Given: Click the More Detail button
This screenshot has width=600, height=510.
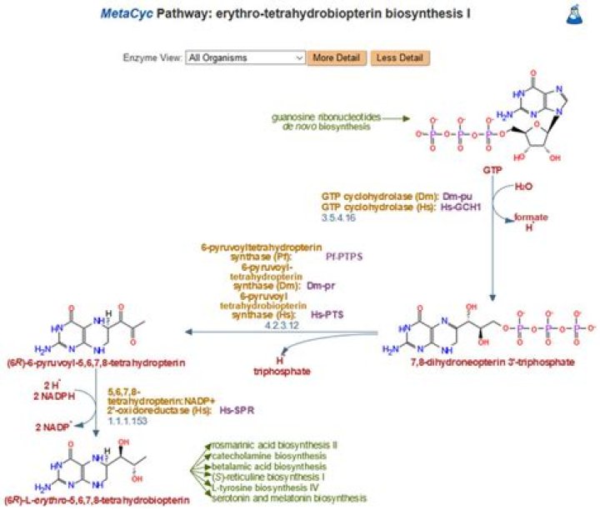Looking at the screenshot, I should point(337,57).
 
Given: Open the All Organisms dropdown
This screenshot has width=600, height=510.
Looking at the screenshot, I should point(245,57).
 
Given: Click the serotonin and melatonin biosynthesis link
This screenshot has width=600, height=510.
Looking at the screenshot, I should point(289,498).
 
